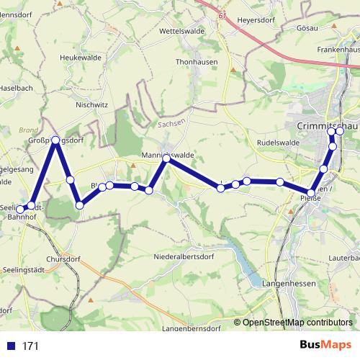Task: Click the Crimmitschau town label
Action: click(x=326, y=125)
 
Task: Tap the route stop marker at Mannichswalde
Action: click(x=166, y=157)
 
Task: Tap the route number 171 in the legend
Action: click(x=31, y=346)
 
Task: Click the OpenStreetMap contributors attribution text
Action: click(x=297, y=323)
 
